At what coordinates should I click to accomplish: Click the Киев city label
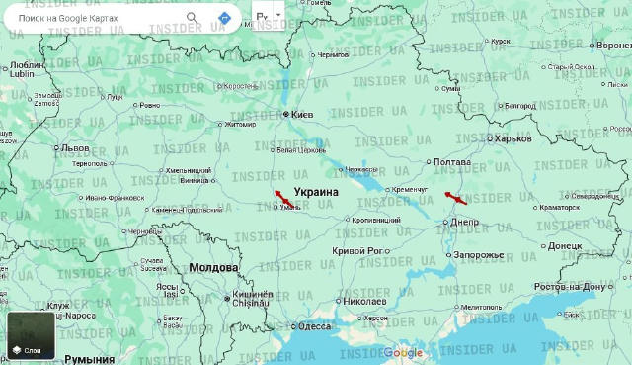tap(301, 115)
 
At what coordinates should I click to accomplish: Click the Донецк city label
tap(564, 245)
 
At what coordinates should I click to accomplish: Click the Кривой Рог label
tap(357, 251)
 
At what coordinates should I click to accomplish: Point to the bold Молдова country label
tap(213, 268)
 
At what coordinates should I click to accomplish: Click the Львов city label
tap(74, 147)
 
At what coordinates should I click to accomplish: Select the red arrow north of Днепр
tap(455, 198)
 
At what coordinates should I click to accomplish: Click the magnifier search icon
tap(193, 17)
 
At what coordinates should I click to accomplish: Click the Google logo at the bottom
tap(403, 353)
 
